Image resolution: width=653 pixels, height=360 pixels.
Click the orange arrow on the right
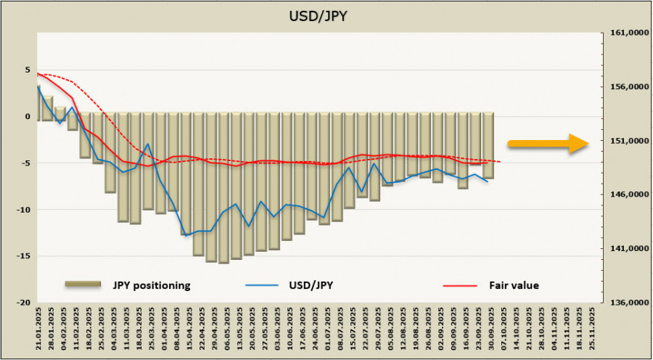548,144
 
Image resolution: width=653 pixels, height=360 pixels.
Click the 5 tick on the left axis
28,71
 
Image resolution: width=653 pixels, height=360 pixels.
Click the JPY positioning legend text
151,285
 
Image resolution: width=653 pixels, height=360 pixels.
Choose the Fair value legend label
514,285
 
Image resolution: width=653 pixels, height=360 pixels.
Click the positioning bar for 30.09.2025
489,145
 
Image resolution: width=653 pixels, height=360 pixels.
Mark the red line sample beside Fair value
460,285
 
